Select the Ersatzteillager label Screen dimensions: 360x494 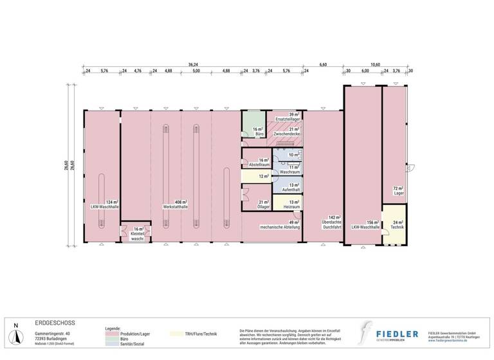click(x=288, y=120)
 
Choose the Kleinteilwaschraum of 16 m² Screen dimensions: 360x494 click(x=136, y=233)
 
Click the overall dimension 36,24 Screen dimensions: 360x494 click(x=193, y=64)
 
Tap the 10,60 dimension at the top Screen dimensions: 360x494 click(x=375, y=64)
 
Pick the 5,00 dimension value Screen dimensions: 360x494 click(x=196, y=71)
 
